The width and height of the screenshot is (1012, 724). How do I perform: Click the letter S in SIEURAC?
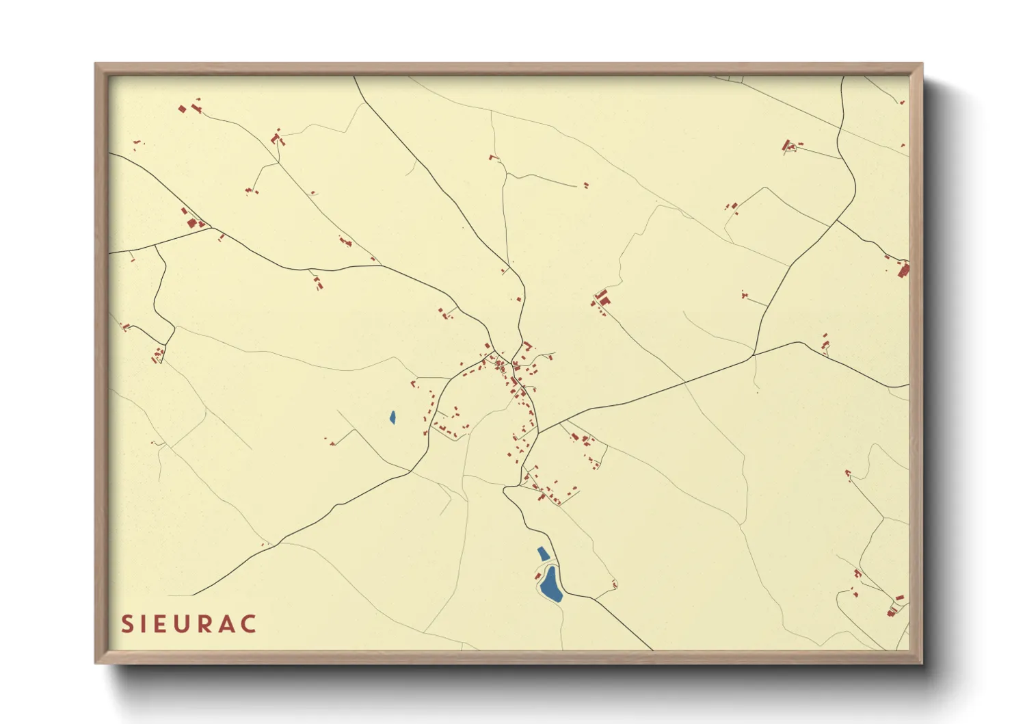(127, 624)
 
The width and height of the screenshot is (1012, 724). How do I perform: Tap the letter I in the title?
(144, 624)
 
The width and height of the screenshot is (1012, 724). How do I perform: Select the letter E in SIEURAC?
(161, 624)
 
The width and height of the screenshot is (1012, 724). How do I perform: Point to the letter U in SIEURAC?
(183, 624)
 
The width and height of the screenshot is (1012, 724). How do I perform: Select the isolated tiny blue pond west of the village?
(392, 417)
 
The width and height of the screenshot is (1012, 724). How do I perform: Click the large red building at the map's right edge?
(903, 270)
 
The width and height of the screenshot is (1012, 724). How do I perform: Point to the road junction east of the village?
(753, 355)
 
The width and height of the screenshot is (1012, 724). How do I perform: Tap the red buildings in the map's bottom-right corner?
(894, 607)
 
